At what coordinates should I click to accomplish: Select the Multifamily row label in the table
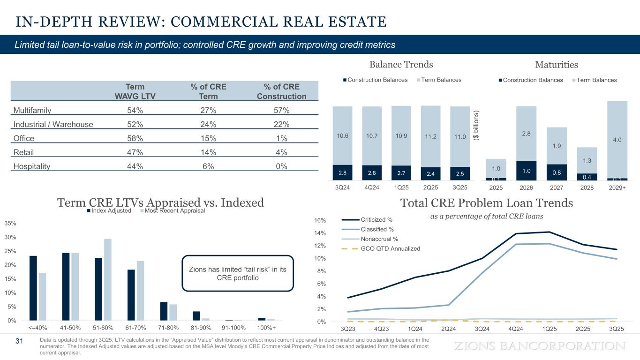(32, 111)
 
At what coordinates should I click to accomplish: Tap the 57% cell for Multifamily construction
(281, 111)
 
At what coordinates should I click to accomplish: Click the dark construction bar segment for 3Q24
(342, 172)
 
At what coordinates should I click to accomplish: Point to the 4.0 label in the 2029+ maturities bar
(617, 140)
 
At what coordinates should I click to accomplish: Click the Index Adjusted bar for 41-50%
(66, 286)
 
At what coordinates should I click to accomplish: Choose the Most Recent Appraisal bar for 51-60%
(108, 279)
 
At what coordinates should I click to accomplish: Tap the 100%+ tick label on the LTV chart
(267, 327)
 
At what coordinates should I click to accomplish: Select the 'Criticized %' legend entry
(376, 219)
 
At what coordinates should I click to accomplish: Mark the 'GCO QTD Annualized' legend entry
(390, 248)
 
